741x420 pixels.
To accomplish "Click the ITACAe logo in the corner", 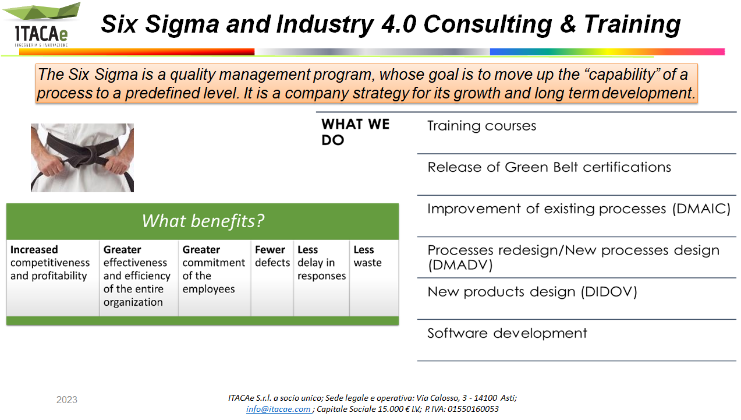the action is pyautogui.click(x=41, y=25).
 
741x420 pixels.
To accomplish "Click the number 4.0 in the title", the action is pyautogui.click(x=398, y=24).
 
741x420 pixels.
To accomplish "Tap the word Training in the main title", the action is pyautogui.click(x=632, y=24).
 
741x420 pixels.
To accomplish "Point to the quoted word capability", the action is pyautogui.click(x=621, y=75).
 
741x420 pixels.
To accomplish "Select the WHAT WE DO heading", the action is pyautogui.click(x=355, y=132).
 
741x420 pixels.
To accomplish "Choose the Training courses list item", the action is pyautogui.click(x=481, y=126).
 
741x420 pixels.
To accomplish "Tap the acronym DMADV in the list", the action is pyautogui.click(x=460, y=265).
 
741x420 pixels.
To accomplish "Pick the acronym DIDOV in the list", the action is pyautogui.click(x=609, y=292).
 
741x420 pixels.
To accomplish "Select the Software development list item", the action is pyautogui.click(x=507, y=333).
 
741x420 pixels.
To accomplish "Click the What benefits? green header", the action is pyautogui.click(x=203, y=221).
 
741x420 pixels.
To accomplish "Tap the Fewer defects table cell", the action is pyautogui.click(x=272, y=256).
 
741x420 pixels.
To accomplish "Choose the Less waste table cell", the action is pyautogui.click(x=367, y=256).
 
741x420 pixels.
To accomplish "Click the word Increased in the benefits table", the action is pyautogui.click(x=34, y=249).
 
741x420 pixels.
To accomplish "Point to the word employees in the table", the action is pyautogui.click(x=208, y=290).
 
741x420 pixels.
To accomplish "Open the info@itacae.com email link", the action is pyautogui.click(x=278, y=409).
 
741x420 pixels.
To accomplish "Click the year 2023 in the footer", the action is pyautogui.click(x=67, y=400).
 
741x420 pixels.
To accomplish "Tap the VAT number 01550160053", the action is pyautogui.click(x=473, y=409).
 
